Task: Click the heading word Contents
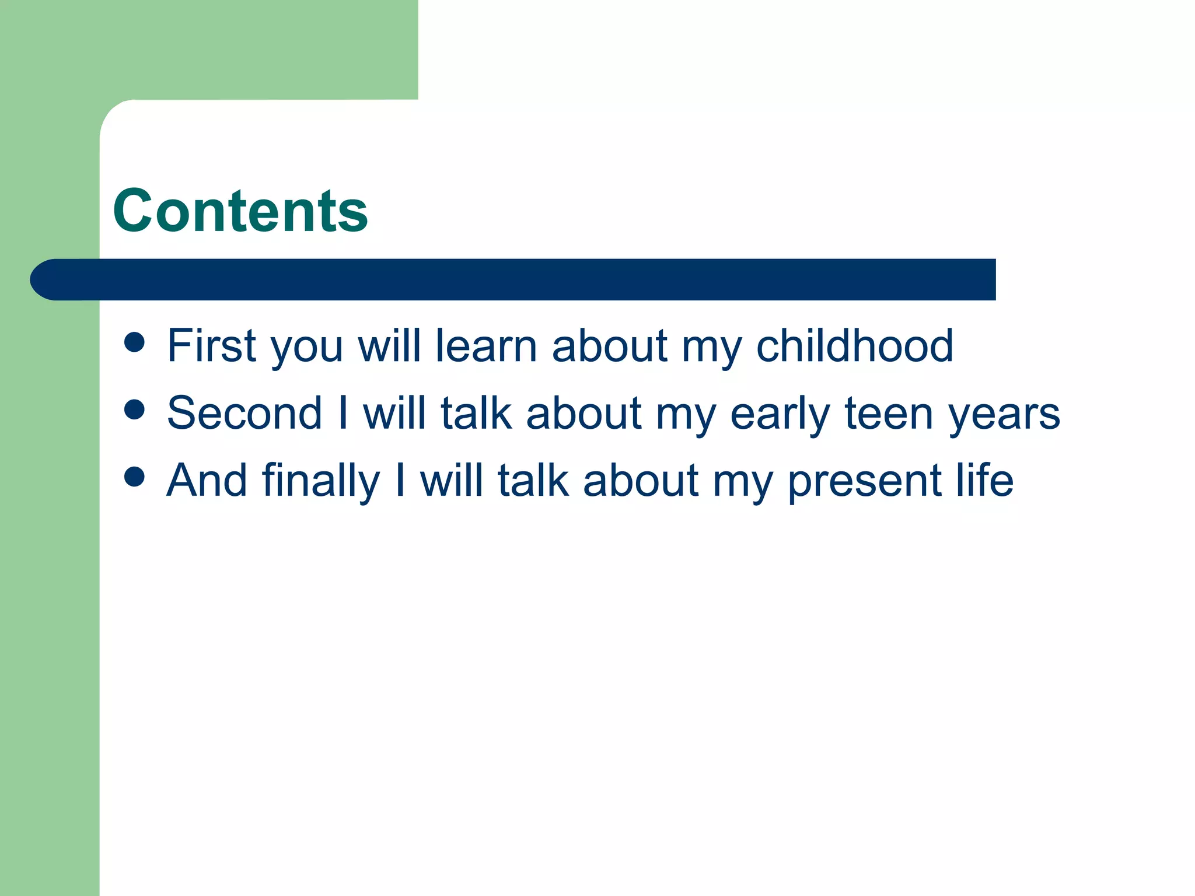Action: point(240,211)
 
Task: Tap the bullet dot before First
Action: point(134,342)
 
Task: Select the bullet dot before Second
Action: point(134,409)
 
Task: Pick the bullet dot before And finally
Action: point(134,477)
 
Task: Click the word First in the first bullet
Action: point(211,346)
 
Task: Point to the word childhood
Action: point(854,346)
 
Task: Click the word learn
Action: point(486,346)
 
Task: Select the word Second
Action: point(244,414)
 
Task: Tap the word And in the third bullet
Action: point(207,481)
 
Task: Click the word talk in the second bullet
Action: point(476,414)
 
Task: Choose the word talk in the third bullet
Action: point(533,481)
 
